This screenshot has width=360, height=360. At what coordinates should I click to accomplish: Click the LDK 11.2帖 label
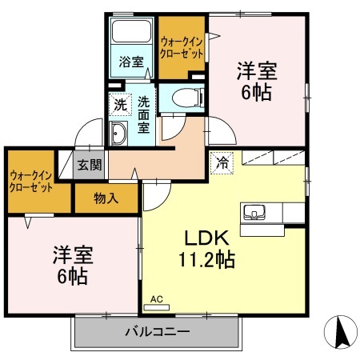point(210,249)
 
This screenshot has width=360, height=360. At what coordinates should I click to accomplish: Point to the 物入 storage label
point(106,198)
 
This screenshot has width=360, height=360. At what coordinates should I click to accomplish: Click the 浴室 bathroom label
point(130,60)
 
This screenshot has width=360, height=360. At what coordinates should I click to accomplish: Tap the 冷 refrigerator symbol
point(222,162)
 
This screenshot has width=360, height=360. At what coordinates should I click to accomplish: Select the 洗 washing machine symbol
point(119,104)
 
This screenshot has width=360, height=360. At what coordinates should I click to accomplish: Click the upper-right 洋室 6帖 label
point(256,81)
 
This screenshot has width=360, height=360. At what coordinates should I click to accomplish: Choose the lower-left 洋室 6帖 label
point(73,267)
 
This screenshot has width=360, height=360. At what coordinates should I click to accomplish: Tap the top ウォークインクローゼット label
point(181,46)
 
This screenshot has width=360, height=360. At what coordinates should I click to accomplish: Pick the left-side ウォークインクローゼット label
point(31,181)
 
